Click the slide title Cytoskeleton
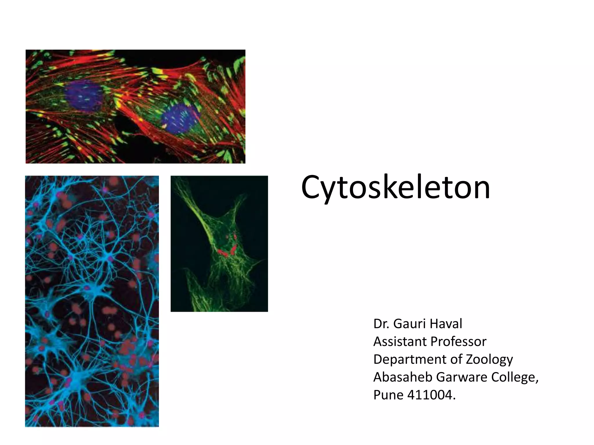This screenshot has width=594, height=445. [395, 187]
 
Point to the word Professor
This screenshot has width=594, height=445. [461, 342]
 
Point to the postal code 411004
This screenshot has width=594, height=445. [431, 395]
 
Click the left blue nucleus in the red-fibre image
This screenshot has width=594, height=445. [83, 96]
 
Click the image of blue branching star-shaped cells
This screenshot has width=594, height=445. [92, 301]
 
